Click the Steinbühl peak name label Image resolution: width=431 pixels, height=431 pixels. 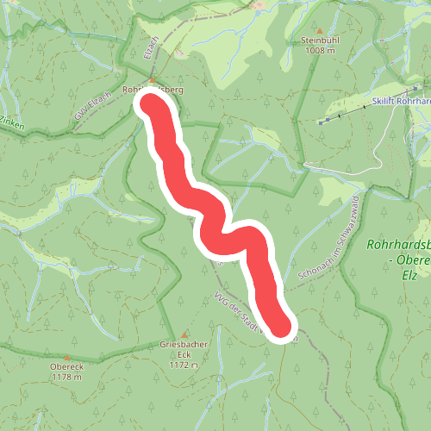[323, 40]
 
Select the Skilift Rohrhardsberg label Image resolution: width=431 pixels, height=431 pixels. [401, 101]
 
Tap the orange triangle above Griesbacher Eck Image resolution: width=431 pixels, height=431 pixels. [184, 335]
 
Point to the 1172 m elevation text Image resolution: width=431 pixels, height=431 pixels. [184, 365]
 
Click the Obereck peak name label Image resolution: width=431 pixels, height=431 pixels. [66, 365]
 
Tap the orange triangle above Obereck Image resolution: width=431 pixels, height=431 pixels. [66, 355]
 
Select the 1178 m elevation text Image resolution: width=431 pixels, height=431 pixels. [66, 376]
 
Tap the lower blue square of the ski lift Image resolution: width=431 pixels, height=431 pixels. [321, 122]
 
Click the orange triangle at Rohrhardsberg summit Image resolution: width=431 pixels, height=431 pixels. [153, 79]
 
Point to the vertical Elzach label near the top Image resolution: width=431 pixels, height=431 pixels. [147, 47]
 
